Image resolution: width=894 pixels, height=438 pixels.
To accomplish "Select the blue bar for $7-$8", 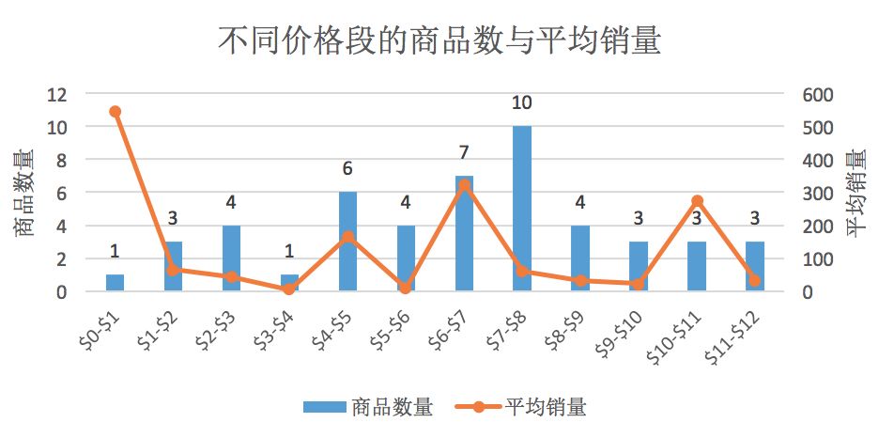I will pos(522,209).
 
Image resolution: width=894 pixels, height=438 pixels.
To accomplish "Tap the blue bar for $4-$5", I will pos(347,242).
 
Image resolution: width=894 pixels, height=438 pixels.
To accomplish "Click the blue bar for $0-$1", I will pos(115,283).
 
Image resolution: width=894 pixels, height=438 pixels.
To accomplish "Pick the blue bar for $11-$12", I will pos(754,267).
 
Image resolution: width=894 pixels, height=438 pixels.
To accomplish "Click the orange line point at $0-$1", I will pos(115,112).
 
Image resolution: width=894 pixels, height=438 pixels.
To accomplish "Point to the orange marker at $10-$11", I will pos(697,201).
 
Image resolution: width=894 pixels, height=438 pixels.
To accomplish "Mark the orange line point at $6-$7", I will pos(464,185).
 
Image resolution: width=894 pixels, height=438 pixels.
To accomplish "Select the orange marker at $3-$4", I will pos(289,289).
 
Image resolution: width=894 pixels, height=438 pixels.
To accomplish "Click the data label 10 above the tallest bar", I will pos(522,102).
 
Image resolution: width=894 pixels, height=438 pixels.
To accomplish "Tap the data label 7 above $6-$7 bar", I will pos(464,152).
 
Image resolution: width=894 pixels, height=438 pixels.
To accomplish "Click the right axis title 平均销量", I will pos(858,193).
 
